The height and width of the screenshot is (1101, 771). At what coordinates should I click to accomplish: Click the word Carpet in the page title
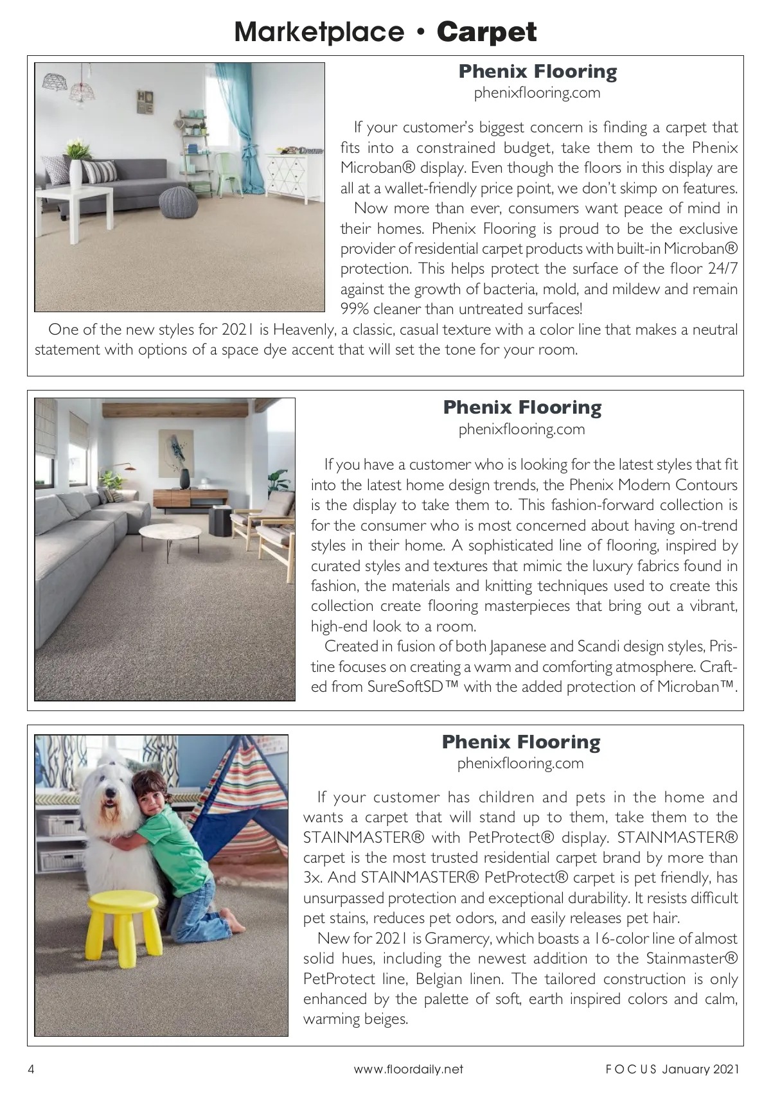click(486, 32)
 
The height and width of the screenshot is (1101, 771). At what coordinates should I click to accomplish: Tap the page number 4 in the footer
click(31, 1070)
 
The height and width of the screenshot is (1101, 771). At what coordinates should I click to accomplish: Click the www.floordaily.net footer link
click(408, 1070)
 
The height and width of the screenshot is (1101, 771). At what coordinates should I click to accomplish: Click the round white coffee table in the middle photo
click(170, 532)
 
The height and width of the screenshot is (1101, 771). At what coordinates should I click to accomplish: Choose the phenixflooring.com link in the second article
click(521, 429)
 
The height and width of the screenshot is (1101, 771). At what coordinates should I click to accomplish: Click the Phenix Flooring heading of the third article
click(521, 742)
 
